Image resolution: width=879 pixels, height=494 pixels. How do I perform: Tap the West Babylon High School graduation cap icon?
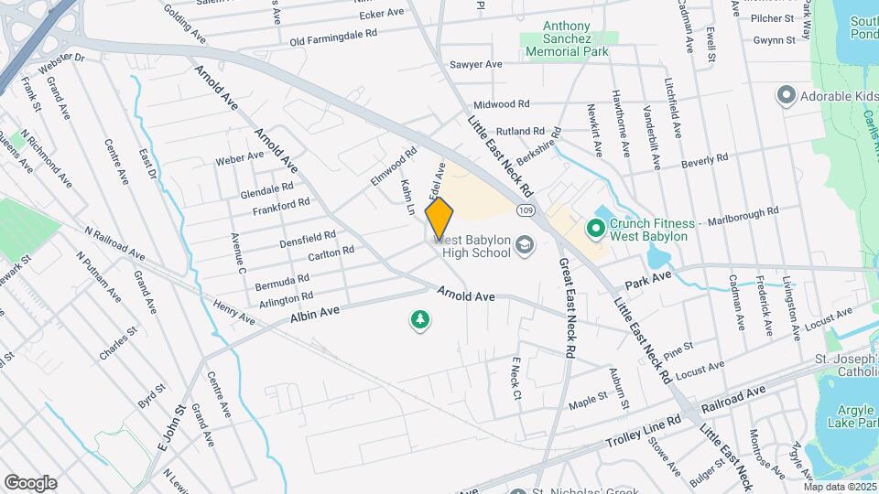[x=525, y=244]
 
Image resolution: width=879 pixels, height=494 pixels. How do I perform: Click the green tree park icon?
[x=420, y=319]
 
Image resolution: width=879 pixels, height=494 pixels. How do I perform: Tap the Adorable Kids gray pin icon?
[x=786, y=94]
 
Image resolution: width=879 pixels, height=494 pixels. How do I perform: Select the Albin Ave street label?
[x=315, y=314]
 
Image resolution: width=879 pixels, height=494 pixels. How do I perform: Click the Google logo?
[x=30, y=482]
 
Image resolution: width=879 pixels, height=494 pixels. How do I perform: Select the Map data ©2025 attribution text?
[x=840, y=487]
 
